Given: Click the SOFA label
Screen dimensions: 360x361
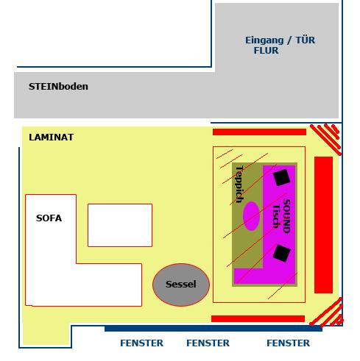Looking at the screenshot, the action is tap(49, 218).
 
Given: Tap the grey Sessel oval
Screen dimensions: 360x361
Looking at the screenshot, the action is tap(181, 285).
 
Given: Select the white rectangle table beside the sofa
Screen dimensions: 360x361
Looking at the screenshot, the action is tap(120, 225).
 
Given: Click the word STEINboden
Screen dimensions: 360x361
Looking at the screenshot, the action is tap(58, 87).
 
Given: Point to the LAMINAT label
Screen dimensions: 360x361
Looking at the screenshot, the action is tap(52, 137).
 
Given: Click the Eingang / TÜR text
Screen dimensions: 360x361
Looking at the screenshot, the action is tap(280, 40).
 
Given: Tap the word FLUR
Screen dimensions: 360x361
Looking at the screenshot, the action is tap(266, 51).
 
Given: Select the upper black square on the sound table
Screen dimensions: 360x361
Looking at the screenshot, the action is tap(281, 177).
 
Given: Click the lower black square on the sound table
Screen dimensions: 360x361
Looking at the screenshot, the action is tap(282, 253).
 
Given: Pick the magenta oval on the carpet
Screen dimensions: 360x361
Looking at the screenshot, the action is tap(251, 216).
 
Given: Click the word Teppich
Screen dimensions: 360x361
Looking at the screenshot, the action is tap(239, 185).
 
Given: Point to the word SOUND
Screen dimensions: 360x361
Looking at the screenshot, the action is tap(286, 216).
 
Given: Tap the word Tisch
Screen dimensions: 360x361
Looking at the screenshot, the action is tap(276, 216).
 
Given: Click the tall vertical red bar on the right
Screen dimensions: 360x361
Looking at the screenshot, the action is tap(323, 225).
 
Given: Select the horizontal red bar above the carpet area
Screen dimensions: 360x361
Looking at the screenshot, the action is tap(259, 132).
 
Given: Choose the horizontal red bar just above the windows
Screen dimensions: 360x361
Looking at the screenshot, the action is tap(258, 318).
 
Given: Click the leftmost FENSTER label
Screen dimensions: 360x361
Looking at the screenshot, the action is tap(141, 343).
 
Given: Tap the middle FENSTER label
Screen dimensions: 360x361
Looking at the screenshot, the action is tap(208, 343).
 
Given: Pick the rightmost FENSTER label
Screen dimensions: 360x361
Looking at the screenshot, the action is tap(288, 343).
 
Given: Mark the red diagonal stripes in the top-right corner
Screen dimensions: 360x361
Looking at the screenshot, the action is tap(326, 139).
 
